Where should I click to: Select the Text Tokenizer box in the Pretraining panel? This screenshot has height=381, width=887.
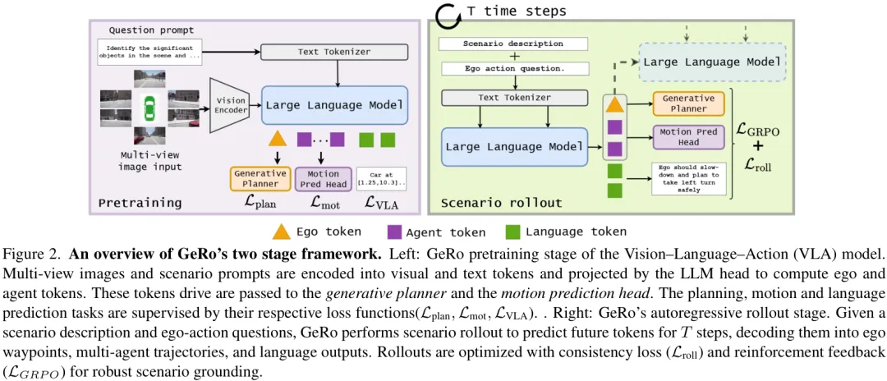click(333, 52)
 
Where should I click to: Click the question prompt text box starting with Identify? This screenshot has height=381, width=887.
click(149, 52)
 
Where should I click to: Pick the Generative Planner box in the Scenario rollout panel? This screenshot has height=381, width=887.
click(688, 103)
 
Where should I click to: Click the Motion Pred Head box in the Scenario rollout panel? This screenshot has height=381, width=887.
click(688, 136)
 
